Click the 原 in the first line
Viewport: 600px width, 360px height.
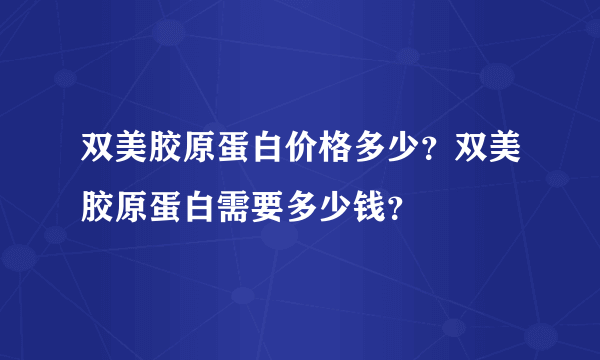click(x=194, y=152)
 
